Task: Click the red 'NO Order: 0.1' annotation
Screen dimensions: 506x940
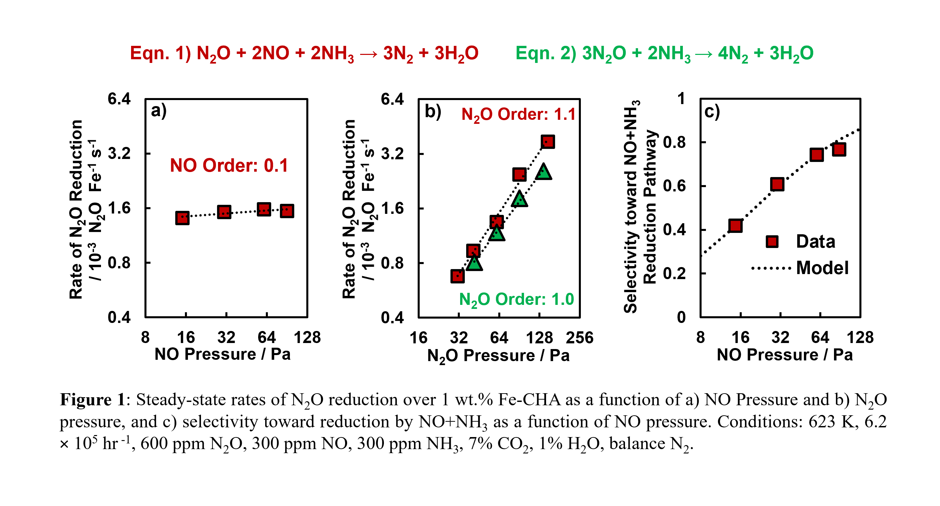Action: click(x=229, y=165)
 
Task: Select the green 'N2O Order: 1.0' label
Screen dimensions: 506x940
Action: click(x=516, y=300)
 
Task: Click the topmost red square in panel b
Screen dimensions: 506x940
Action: click(x=548, y=142)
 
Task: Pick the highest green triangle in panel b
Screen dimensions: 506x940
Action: click(x=543, y=172)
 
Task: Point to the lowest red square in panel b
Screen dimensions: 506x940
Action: click(x=457, y=276)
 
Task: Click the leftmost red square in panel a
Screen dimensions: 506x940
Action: click(x=182, y=218)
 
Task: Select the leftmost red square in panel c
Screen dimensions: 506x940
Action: click(x=735, y=226)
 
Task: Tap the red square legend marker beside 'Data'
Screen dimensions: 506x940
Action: click(x=772, y=242)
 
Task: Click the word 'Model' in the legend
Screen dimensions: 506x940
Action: click(x=822, y=268)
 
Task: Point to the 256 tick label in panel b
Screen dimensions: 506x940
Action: click(x=580, y=338)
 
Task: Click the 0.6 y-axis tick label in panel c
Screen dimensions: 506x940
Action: click(x=674, y=186)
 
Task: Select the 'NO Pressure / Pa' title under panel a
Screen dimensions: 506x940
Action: click(x=223, y=354)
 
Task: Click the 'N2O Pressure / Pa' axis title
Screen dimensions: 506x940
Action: click(x=499, y=356)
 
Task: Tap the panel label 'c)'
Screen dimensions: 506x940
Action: click(x=712, y=111)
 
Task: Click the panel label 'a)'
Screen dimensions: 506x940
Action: click(x=159, y=111)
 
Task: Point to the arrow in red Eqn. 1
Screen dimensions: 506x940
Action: click(x=368, y=54)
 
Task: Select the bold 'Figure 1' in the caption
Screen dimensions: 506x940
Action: click(x=93, y=400)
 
